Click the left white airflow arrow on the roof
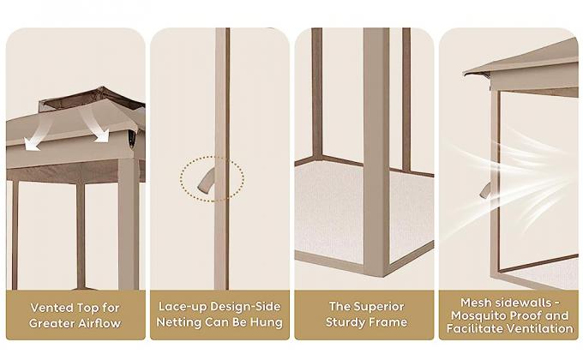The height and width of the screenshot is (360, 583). click(x=39, y=135)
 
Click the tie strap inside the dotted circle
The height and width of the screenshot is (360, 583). click(x=207, y=181)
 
